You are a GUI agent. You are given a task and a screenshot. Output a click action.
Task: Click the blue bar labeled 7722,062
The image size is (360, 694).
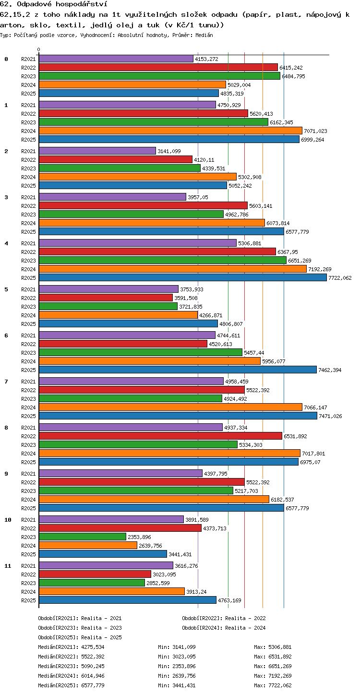(x=183, y=277)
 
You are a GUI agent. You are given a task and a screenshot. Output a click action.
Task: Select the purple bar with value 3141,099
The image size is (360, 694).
(x=97, y=151)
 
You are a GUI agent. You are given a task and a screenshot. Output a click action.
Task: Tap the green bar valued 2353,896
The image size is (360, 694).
(x=83, y=537)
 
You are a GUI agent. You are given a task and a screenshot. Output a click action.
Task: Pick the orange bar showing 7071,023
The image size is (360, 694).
(x=170, y=131)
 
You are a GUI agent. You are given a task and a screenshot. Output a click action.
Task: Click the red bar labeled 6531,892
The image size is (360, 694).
(x=160, y=436)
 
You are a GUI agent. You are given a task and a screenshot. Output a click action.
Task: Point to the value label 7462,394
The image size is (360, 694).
(x=330, y=370)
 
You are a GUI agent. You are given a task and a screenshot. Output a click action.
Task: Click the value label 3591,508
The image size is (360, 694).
(x=186, y=298)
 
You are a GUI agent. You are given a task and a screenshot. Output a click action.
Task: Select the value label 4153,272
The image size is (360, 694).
(x=206, y=59)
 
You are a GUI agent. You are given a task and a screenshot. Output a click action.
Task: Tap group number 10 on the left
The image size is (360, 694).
(x=8, y=520)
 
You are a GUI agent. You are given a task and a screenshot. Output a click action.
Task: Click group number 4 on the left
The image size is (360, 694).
(x=6, y=243)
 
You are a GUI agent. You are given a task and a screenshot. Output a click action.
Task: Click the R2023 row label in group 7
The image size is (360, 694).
(x=28, y=399)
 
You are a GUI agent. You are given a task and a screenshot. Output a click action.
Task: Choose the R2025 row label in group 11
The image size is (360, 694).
(x=28, y=600)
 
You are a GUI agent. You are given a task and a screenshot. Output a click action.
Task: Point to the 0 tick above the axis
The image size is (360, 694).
(x=39, y=49)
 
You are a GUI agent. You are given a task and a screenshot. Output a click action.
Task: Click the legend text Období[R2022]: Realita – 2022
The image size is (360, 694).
(x=224, y=618)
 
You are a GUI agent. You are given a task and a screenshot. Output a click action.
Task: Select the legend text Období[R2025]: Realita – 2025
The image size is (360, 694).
(x=80, y=637)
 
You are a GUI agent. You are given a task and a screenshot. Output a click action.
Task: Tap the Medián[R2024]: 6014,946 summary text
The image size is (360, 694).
(x=71, y=676)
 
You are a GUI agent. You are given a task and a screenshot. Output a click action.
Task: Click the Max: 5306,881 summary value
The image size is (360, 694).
(x=273, y=647)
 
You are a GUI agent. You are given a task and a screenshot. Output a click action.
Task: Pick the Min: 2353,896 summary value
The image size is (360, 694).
(x=177, y=666)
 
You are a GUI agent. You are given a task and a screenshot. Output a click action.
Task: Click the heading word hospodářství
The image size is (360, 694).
(x=81, y=4)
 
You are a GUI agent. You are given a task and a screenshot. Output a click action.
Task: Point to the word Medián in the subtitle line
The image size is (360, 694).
(x=204, y=35)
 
